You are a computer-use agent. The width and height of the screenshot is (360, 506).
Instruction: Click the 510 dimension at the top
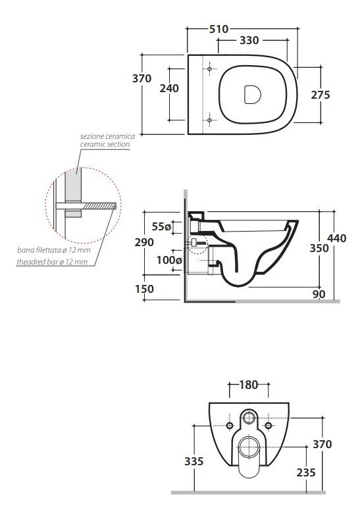tap(219, 29)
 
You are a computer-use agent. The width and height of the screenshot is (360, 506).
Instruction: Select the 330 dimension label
tap(249, 40)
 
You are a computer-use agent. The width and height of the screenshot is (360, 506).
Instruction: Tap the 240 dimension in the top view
tap(169, 88)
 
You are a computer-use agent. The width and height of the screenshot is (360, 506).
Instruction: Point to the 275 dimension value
tap(321, 95)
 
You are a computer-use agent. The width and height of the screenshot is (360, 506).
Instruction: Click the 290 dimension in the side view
tap(144, 242)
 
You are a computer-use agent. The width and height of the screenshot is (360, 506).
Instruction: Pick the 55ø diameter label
tap(161, 227)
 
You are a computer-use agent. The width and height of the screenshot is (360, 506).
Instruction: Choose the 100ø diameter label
tap(169, 260)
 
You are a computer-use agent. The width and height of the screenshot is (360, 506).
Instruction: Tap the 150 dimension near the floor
tap(144, 289)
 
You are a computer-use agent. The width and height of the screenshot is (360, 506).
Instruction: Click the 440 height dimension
tap(337, 238)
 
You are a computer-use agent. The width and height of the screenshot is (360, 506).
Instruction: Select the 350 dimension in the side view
tap(319, 248)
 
